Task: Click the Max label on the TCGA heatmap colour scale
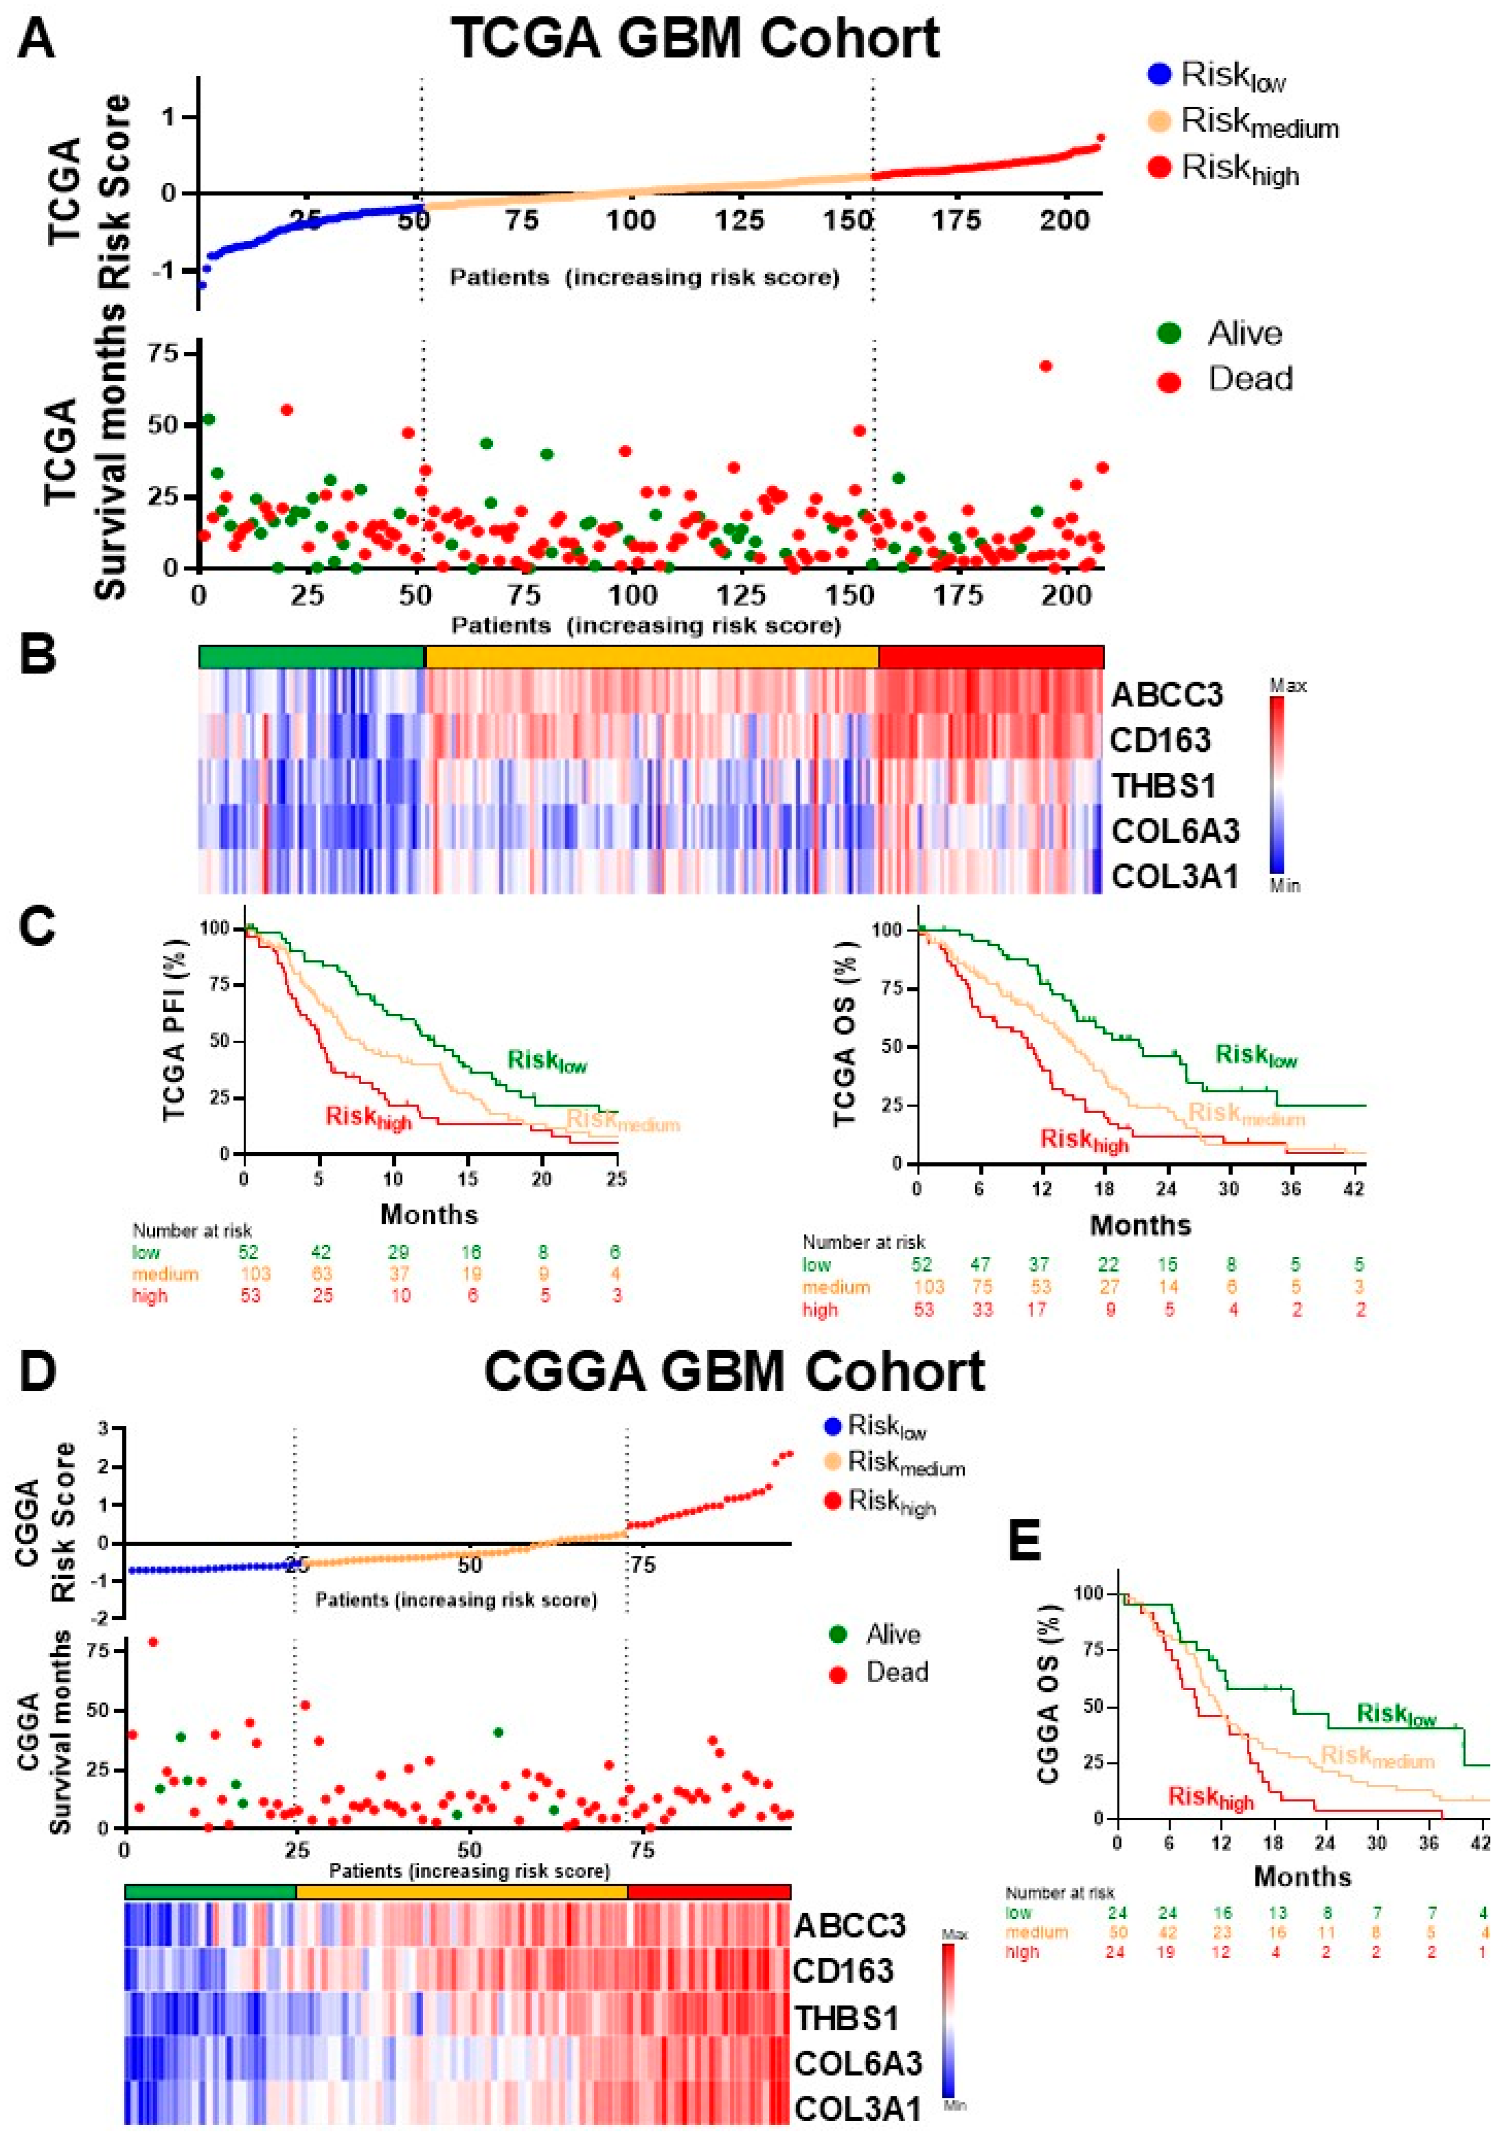(x=1288, y=686)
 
